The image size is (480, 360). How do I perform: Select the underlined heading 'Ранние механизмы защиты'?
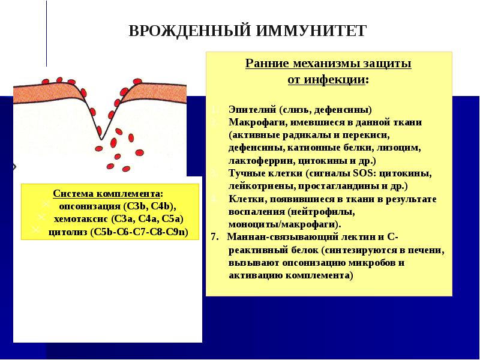coord(328,64)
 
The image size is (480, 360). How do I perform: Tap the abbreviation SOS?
coord(363,173)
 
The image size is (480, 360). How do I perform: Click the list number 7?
coord(214,237)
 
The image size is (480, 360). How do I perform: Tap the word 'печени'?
coord(430,250)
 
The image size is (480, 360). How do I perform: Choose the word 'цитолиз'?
coord(67,231)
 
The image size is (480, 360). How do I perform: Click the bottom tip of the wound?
coord(101,139)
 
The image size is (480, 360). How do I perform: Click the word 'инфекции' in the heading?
coord(344,79)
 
